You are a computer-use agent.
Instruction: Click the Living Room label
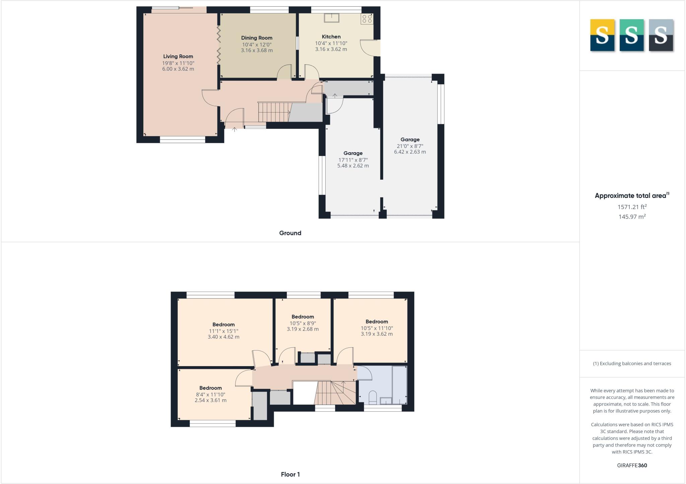pyautogui.click(x=178, y=57)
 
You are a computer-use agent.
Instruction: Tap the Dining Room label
pyautogui.click(x=257, y=38)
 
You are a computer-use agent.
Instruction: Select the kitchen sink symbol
pyautogui.click(x=331, y=17)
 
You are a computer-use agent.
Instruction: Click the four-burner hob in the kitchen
pyautogui.click(x=367, y=19)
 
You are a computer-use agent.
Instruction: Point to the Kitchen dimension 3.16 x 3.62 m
pyautogui.click(x=331, y=49)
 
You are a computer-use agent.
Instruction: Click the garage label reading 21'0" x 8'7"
pyautogui.click(x=410, y=146)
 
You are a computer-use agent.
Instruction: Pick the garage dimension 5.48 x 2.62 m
pyautogui.click(x=353, y=166)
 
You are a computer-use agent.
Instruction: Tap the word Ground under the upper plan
pyautogui.click(x=290, y=233)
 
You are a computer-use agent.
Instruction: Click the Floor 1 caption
pyautogui.click(x=290, y=474)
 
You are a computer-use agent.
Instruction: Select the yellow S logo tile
pyautogui.click(x=602, y=35)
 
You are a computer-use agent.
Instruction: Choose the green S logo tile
pyautogui.click(x=631, y=35)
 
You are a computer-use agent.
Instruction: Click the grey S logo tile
pyautogui.click(x=661, y=35)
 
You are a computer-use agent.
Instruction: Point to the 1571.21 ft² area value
pyautogui.click(x=632, y=207)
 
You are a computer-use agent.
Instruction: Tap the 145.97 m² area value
pyautogui.click(x=632, y=217)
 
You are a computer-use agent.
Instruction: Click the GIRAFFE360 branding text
pyautogui.click(x=632, y=465)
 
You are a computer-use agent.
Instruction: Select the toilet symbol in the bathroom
pyautogui.click(x=372, y=398)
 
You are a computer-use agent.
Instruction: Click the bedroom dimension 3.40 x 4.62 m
pyautogui.click(x=223, y=337)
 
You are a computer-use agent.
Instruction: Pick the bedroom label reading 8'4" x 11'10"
pyautogui.click(x=210, y=394)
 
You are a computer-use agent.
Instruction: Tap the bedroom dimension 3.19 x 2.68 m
pyautogui.click(x=302, y=329)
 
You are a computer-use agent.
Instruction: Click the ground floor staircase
pyautogui.click(x=274, y=112)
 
